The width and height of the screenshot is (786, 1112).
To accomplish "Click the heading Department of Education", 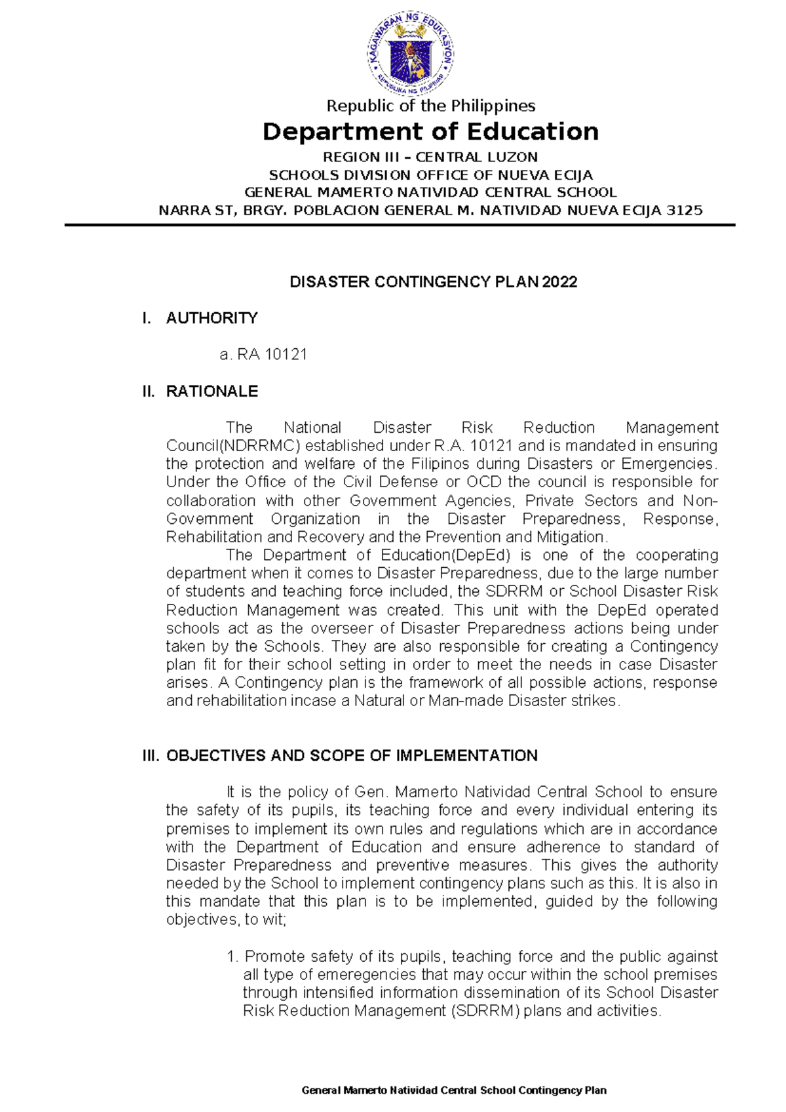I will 430,132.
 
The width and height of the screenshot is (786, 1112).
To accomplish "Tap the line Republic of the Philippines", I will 430,106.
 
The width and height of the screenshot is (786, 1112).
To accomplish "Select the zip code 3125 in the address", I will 684,211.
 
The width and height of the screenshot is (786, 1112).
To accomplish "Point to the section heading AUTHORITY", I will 212,318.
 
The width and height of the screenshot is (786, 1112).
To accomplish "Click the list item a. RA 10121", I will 263,355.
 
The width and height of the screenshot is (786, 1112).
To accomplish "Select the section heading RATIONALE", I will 212,391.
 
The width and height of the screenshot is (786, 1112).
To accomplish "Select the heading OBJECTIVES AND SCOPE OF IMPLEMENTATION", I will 352,756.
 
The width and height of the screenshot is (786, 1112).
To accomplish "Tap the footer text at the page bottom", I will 454,1091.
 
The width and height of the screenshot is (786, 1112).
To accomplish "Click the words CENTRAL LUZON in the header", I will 477,157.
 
